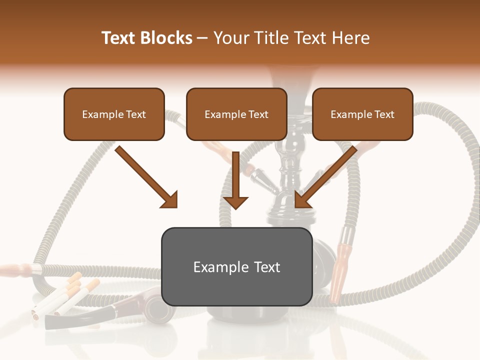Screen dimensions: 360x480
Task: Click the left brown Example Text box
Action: click(114, 114)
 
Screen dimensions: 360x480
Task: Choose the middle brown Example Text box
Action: click(236, 114)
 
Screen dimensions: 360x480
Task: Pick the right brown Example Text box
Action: click(362, 114)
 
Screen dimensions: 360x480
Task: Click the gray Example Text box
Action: click(236, 266)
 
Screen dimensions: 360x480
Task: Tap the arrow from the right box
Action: click(325, 177)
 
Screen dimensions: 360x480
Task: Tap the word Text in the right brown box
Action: click(384, 114)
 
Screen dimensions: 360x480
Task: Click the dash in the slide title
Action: click(202, 38)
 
